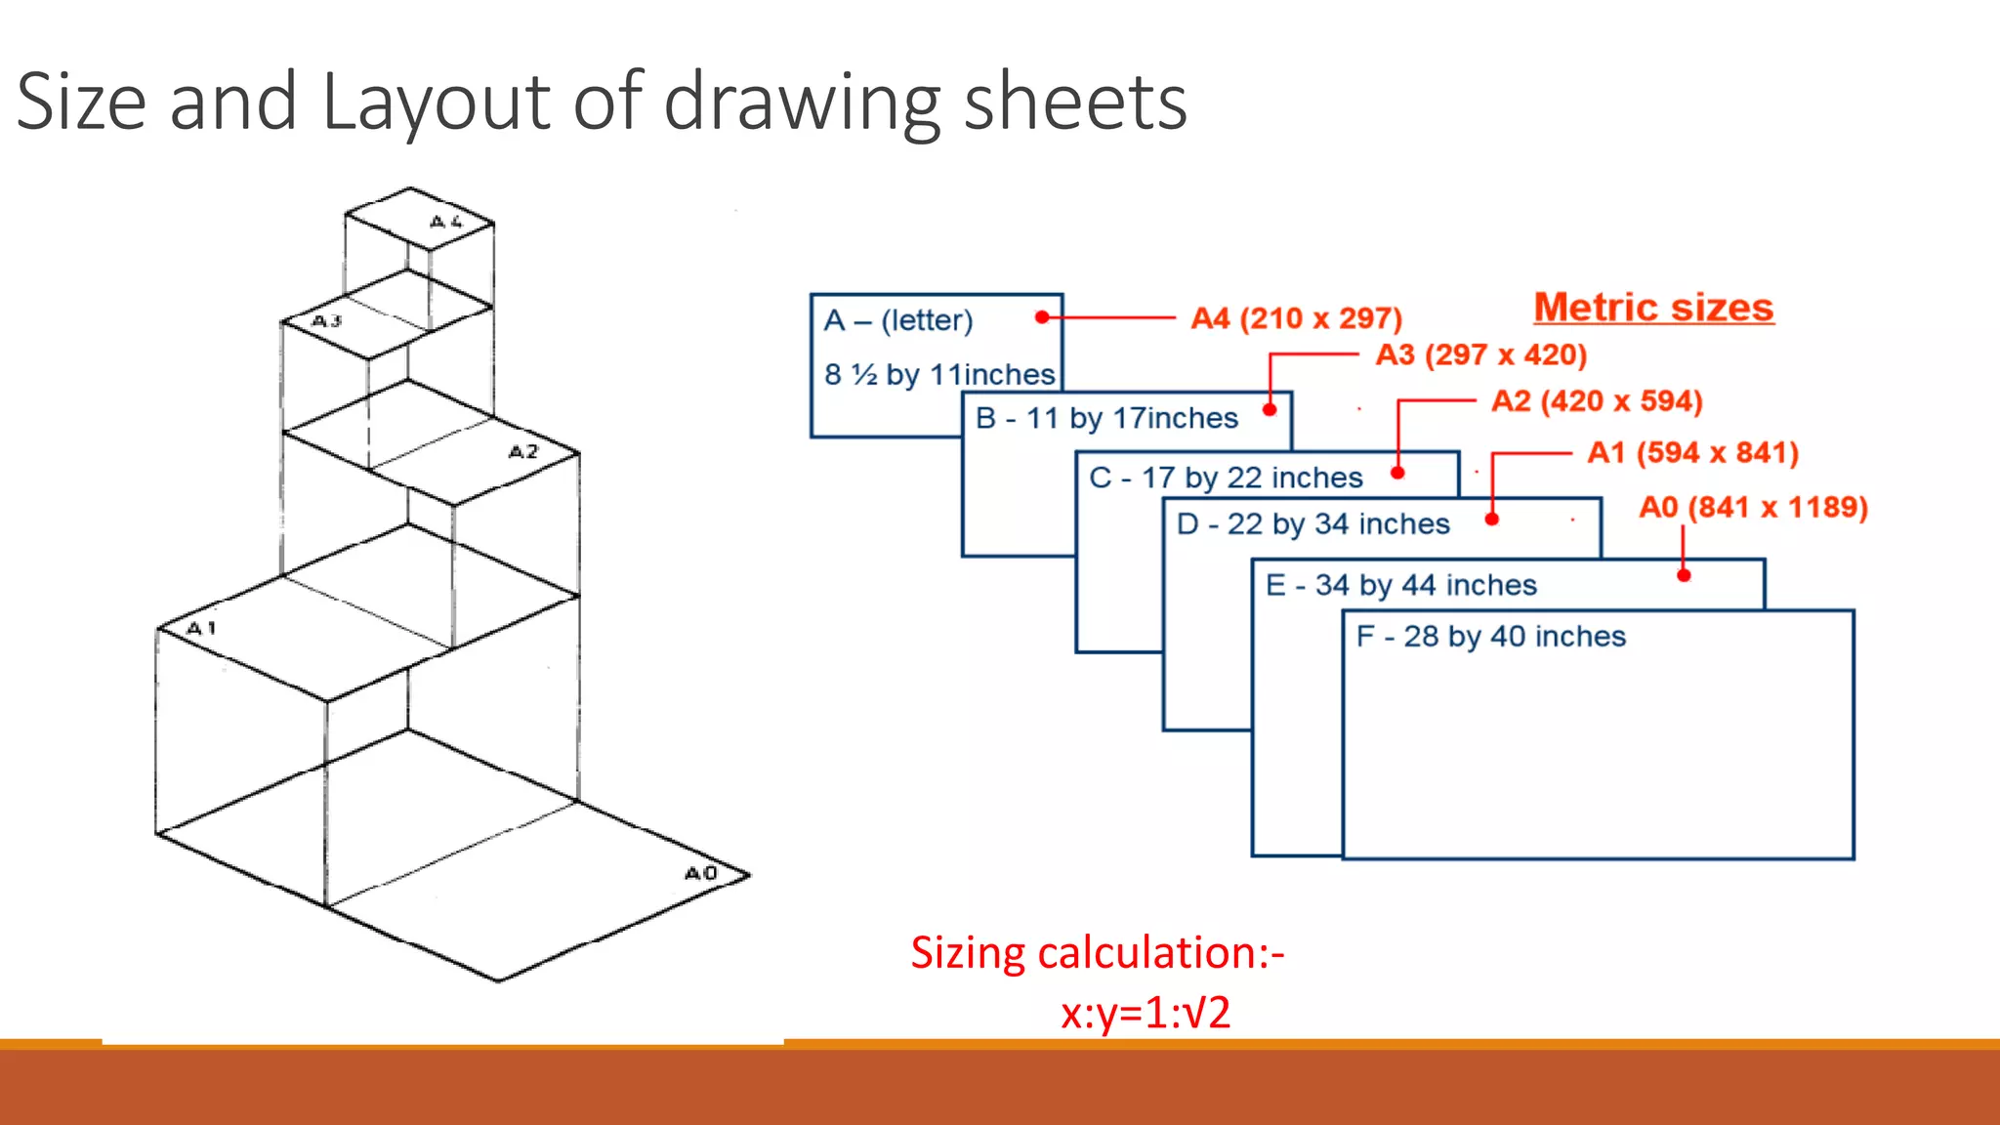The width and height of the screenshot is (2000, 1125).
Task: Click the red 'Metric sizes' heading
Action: coord(1653,308)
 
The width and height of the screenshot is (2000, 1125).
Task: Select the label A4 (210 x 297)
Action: coord(1296,318)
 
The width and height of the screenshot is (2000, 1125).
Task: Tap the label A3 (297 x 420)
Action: coord(1480,354)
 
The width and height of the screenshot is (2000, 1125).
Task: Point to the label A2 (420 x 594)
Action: coord(1597,401)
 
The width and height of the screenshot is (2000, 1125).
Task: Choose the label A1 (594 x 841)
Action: coord(1692,453)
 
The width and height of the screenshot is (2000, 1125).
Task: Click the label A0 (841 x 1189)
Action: coord(1753,508)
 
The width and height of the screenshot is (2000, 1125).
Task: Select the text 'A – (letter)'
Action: coord(898,320)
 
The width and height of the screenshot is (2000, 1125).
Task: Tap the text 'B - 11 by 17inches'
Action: coord(1106,418)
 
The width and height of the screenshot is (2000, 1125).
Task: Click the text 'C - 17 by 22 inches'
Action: coord(1226,478)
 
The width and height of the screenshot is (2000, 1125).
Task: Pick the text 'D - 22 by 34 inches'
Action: coord(1312,524)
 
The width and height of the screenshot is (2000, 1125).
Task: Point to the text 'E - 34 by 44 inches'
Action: coord(1401,585)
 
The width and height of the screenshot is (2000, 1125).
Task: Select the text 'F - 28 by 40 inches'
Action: coord(1490,637)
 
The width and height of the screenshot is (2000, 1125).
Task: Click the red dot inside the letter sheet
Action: coord(1042,317)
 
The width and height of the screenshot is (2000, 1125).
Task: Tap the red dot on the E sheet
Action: coord(1684,575)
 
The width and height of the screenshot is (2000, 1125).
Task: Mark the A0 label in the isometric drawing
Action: coord(701,873)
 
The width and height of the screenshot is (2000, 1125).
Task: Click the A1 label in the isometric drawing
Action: coord(201,628)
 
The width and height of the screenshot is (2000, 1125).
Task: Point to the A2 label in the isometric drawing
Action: coord(523,451)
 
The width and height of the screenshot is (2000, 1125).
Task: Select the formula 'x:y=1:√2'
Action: coord(1145,1013)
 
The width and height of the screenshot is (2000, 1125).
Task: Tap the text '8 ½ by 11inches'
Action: coord(939,375)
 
